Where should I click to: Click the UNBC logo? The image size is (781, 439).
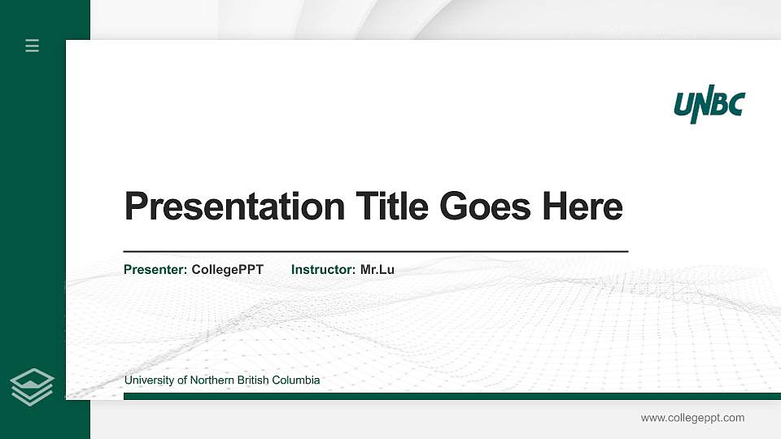click(709, 106)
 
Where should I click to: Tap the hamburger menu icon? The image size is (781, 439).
click(33, 46)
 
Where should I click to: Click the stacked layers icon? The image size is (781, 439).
click(33, 386)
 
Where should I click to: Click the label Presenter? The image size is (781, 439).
click(155, 269)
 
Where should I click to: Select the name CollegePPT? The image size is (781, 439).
click(228, 269)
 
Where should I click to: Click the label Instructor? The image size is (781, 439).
click(323, 269)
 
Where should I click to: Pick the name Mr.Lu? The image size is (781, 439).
click(377, 269)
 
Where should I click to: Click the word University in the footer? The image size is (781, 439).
click(149, 380)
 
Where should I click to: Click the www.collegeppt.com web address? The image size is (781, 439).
click(692, 418)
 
